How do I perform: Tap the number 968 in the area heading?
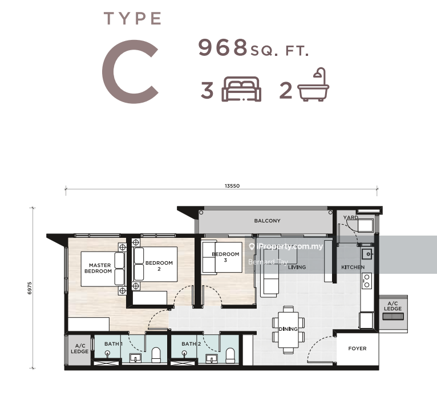point(223,47)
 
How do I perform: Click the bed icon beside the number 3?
point(241,89)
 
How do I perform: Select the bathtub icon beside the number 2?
point(314,84)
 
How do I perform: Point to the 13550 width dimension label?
point(232,186)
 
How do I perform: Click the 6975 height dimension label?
point(30,288)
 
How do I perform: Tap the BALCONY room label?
point(267,221)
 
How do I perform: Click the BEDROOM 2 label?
point(159,266)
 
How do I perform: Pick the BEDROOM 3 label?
point(225,257)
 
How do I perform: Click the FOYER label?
point(357,349)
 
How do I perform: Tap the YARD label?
point(350,217)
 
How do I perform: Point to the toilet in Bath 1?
point(156,355)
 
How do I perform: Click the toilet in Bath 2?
point(230,355)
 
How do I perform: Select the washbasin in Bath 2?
point(212,359)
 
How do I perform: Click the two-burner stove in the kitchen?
point(366,281)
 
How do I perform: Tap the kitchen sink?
point(367,254)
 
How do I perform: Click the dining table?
point(288,330)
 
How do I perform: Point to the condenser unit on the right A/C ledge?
point(393,316)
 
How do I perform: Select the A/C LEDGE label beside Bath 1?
point(79,349)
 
